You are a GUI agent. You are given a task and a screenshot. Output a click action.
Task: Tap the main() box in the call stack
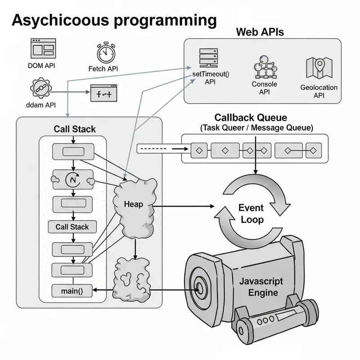[x=72, y=291]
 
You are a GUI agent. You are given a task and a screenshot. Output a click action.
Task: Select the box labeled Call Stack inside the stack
[x=72, y=227]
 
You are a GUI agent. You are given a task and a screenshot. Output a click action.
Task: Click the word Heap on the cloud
[x=133, y=204]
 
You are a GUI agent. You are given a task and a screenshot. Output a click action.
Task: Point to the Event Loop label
[x=251, y=214]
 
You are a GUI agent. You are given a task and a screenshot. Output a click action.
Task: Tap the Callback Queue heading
[x=250, y=118]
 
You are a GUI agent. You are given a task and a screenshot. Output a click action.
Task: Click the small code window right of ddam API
[x=104, y=94]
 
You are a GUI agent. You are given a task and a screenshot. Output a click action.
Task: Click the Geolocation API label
[x=319, y=91]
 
